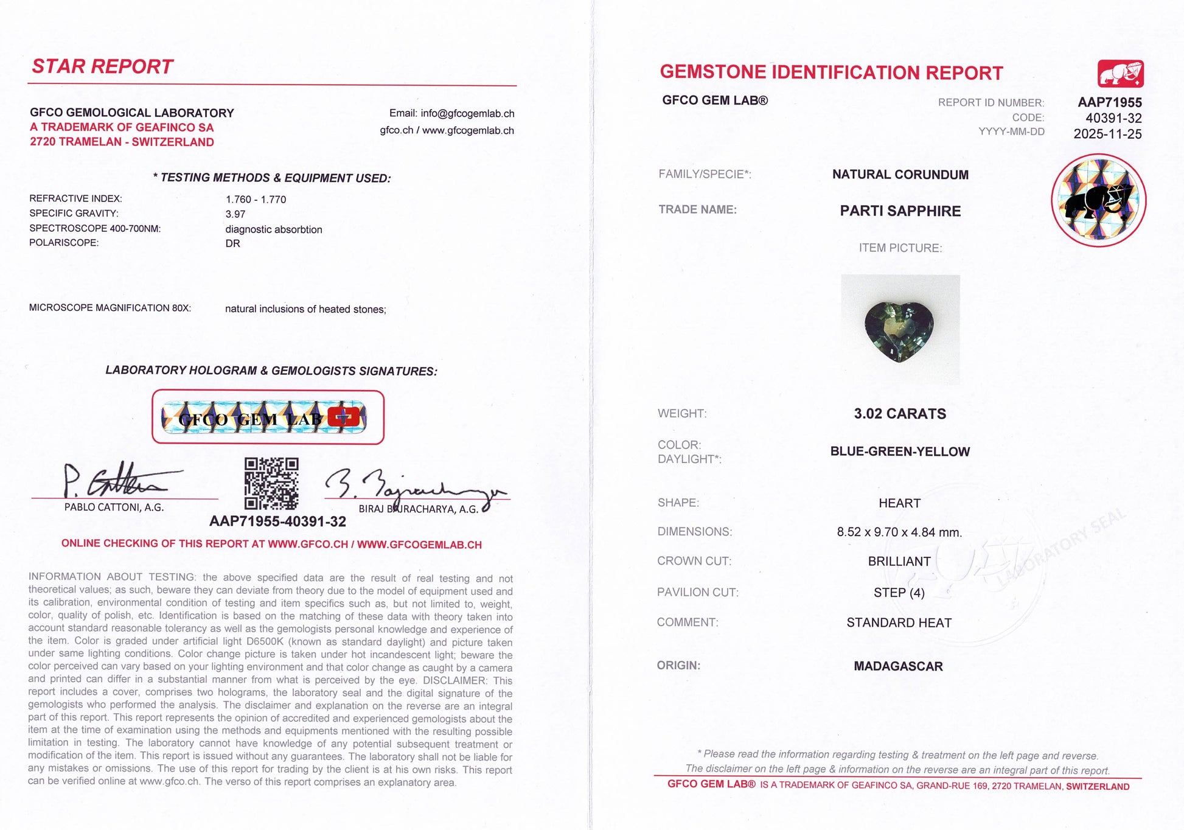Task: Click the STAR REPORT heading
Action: click(102, 66)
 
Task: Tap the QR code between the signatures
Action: click(271, 483)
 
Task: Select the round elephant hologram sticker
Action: click(1098, 200)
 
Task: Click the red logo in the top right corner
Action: click(1120, 74)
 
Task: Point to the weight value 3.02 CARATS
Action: click(900, 414)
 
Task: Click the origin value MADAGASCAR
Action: click(898, 666)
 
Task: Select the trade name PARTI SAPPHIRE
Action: click(900, 211)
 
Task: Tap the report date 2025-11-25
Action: click(1107, 134)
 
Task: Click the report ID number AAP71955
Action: click(1110, 102)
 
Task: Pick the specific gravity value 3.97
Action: click(235, 214)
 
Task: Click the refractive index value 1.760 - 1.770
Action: click(256, 199)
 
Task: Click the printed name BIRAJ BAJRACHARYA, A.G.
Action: click(419, 509)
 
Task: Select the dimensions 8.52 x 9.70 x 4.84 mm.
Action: click(899, 532)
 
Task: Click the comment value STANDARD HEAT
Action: click(899, 623)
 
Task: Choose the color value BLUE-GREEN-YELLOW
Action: click(900, 452)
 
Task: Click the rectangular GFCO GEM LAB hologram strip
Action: click(268, 417)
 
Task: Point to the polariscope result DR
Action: click(232, 243)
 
